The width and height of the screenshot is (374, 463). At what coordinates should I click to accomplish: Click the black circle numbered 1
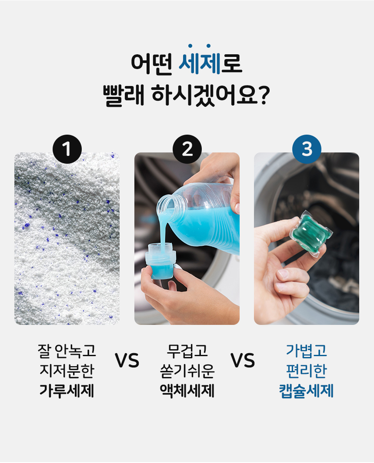[x=67, y=149]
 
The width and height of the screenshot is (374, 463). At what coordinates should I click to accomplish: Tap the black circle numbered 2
[x=187, y=149]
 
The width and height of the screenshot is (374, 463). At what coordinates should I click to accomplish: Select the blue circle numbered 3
[x=307, y=149]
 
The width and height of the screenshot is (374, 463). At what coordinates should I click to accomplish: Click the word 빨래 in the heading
[x=124, y=96]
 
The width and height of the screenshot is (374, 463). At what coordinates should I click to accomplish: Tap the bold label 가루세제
[x=67, y=390]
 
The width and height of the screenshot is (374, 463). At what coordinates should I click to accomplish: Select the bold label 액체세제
[x=187, y=390]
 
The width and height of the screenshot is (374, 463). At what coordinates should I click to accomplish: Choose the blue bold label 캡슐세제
[x=306, y=390]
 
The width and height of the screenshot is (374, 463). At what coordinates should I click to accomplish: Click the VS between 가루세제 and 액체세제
[x=127, y=360]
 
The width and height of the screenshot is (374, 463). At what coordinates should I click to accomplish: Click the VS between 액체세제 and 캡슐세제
[x=242, y=360]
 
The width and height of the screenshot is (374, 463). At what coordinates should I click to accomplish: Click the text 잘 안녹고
[x=67, y=351]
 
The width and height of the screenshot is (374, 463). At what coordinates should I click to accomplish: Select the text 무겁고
[x=187, y=351]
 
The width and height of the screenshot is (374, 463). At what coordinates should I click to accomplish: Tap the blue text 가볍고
[x=307, y=351]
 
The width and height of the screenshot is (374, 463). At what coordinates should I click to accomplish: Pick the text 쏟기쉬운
[x=187, y=371]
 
